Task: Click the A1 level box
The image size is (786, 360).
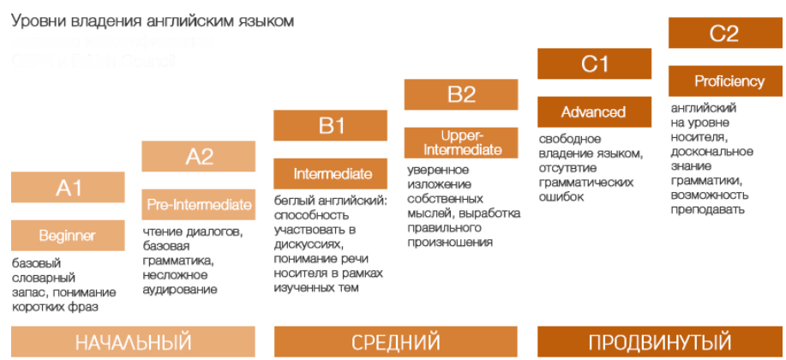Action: tap(68, 187)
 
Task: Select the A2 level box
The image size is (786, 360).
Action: tap(199, 156)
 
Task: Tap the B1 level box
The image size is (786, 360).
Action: tap(330, 125)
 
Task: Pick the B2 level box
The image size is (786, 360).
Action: tap(461, 94)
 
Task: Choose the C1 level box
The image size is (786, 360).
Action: tap(594, 63)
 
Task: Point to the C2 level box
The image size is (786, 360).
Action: tap(724, 33)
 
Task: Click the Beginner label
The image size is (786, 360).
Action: tap(68, 235)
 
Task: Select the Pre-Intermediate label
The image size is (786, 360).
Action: tap(199, 204)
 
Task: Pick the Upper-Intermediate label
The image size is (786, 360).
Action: tap(461, 142)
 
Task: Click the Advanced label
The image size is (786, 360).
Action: tap(594, 111)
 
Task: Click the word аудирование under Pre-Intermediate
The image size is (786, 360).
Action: tap(180, 291)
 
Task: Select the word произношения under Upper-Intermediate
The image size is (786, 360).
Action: tap(450, 243)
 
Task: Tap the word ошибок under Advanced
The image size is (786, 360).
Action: tap(561, 197)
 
